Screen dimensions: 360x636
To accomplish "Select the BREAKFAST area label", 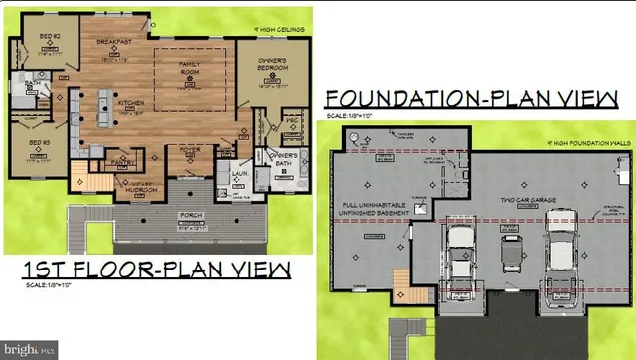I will (114, 43).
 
